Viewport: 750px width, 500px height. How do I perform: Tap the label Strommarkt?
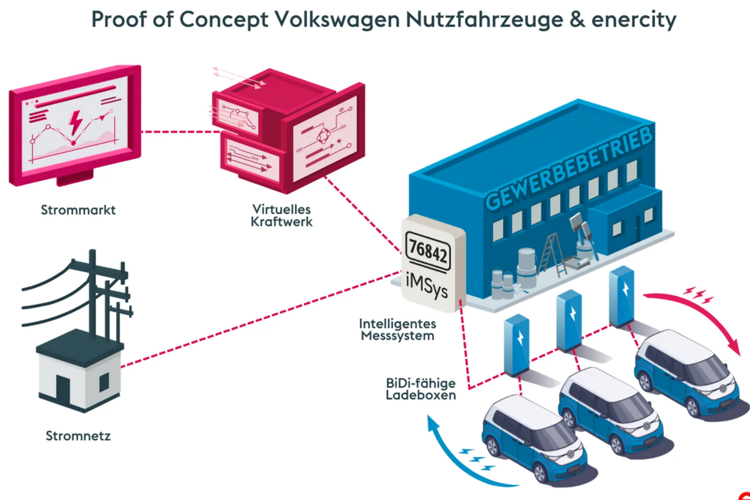click(78, 210)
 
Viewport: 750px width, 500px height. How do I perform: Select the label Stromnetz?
click(78, 436)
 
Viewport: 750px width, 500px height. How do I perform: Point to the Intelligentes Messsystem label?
click(397, 329)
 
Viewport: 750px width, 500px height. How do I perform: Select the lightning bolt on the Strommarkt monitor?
click(74, 121)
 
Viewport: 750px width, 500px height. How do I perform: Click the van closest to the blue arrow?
click(531, 437)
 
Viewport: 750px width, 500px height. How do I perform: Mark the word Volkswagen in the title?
click(331, 20)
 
